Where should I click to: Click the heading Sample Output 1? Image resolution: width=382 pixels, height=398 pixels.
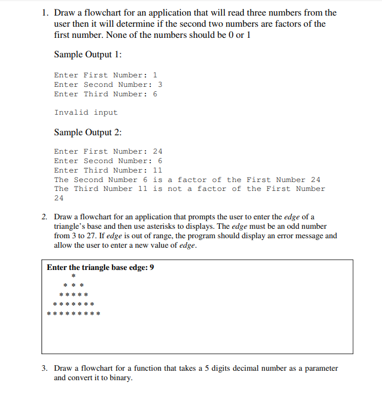click(88, 55)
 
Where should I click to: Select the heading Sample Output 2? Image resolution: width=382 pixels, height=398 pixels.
click(88, 132)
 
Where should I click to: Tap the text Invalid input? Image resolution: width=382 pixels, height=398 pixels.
click(86, 112)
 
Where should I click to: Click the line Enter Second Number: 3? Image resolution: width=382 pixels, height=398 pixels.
click(108, 85)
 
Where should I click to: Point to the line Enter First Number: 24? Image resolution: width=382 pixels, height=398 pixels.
click(108, 151)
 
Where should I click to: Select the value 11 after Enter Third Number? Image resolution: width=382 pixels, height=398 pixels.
click(158, 170)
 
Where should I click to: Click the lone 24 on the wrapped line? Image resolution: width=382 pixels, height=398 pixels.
click(59, 198)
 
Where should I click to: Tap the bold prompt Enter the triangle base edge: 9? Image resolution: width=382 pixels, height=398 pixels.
click(101, 268)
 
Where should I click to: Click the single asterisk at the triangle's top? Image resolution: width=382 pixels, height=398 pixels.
click(73, 277)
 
